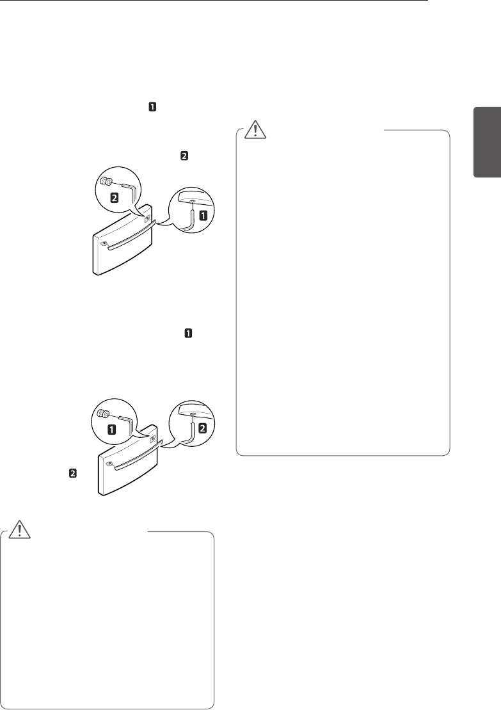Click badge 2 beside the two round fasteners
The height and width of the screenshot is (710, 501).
114,198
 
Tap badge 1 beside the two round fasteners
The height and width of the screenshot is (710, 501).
112,428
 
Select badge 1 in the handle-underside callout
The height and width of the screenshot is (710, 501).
203,216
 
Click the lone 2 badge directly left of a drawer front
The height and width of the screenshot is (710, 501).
73,474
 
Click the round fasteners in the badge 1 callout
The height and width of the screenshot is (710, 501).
103,414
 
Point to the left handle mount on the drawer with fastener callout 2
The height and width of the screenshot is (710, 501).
102,243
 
